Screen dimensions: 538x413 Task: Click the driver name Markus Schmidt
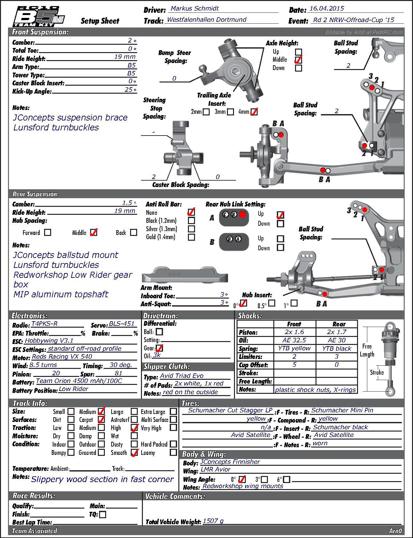(195, 9)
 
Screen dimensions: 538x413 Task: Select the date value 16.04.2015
(326, 9)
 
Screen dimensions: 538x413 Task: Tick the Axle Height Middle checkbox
(298, 60)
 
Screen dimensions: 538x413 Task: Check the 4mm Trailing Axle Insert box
(254, 112)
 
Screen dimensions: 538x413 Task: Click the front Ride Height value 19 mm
(125, 57)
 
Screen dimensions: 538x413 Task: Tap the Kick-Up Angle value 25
(129, 90)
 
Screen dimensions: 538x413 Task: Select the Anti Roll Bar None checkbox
(191, 212)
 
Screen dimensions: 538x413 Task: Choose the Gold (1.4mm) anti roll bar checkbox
(191, 237)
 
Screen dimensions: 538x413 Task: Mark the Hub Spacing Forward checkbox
(48, 232)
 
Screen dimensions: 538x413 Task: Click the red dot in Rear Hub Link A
(242, 214)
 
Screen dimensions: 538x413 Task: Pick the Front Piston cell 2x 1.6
(294, 332)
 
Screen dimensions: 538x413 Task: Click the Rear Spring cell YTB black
(337, 348)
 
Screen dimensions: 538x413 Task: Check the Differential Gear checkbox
(159, 348)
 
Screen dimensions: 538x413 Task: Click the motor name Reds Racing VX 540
(62, 357)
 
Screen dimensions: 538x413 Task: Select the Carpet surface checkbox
(101, 419)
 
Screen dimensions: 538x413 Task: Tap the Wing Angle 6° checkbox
(287, 480)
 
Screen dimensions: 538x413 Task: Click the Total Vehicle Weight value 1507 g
(213, 521)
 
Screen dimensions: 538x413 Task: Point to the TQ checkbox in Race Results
(103, 515)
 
